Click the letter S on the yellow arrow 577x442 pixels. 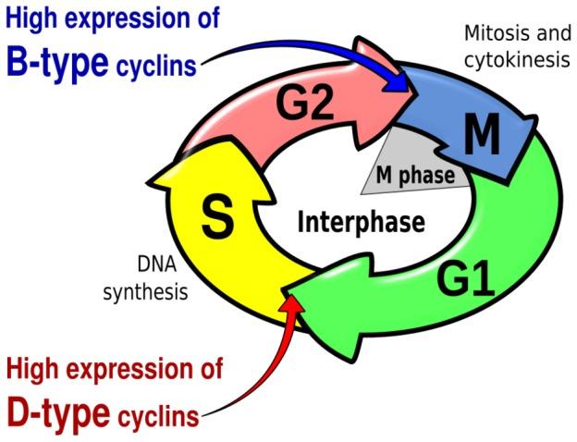point(216,218)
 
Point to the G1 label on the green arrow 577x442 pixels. point(465,280)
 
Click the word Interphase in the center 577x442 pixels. point(361,222)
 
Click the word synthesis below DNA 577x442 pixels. point(146,292)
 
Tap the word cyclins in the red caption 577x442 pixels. point(158,416)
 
